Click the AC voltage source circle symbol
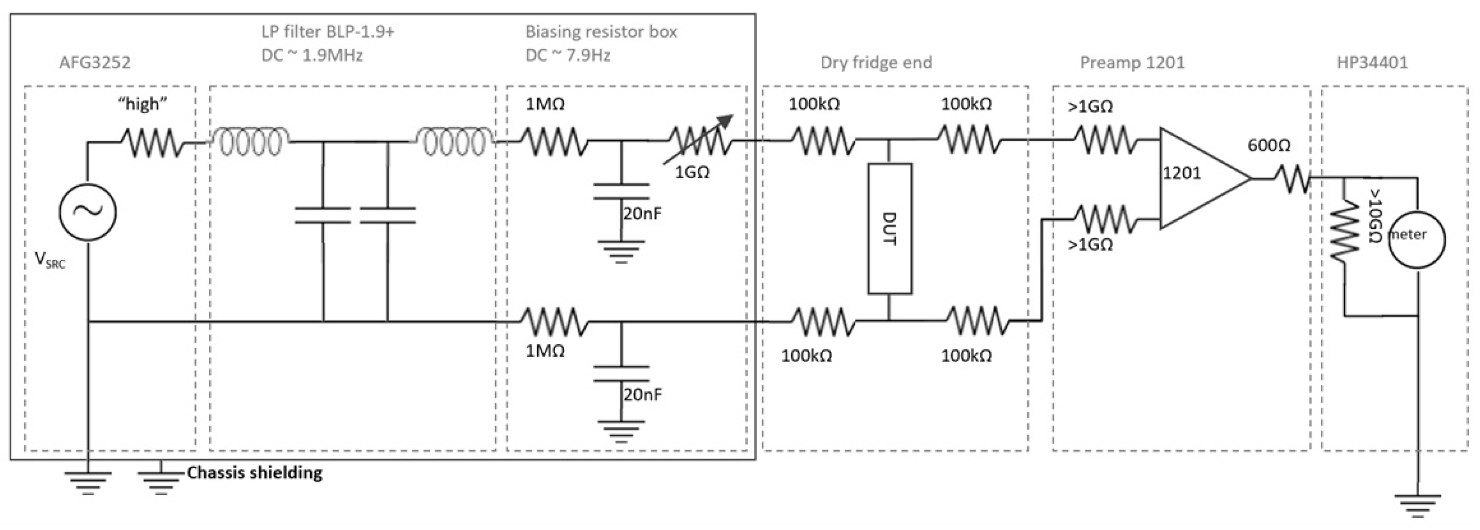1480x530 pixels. pos(88,212)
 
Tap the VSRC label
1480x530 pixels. pos(50,260)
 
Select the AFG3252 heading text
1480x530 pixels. pos(95,62)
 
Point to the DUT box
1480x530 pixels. pos(890,229)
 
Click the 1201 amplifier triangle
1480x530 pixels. pos(1198,178)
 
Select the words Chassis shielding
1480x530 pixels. pos(254,472)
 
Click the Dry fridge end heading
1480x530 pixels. pos(875,62)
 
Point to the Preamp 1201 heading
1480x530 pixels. pos(1132,62)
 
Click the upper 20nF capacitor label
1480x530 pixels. pos(642,214)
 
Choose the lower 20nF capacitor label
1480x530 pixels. pos(642,394)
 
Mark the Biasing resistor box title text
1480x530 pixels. pos(601,32)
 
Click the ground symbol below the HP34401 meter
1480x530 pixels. pos(1417,503)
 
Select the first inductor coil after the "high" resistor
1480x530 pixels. pos(247,141)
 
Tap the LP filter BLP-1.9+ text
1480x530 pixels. pos(327,32)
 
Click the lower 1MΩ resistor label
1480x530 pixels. pos(545,351)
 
